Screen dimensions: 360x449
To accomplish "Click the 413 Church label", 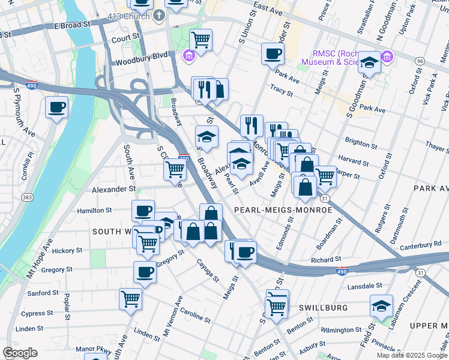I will click(127, 15).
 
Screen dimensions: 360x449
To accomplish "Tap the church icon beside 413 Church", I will click(159, 15).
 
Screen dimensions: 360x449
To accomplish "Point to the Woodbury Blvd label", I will click(140, 61).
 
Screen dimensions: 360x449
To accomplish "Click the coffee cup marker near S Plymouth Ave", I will click(57, 108).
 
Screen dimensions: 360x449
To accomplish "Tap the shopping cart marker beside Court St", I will click(201, 40).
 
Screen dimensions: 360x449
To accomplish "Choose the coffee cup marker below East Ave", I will click(273, 54).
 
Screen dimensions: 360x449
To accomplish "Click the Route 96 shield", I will click(420, 61).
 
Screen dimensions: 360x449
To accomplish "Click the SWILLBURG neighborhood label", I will click(324, 307).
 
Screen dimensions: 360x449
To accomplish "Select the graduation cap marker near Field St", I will click(381, 307).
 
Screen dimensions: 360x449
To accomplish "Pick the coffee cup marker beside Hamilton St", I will click(143, 211).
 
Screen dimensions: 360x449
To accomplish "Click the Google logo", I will click(20, 353).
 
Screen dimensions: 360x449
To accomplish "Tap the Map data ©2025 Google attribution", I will click(411, 355).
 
